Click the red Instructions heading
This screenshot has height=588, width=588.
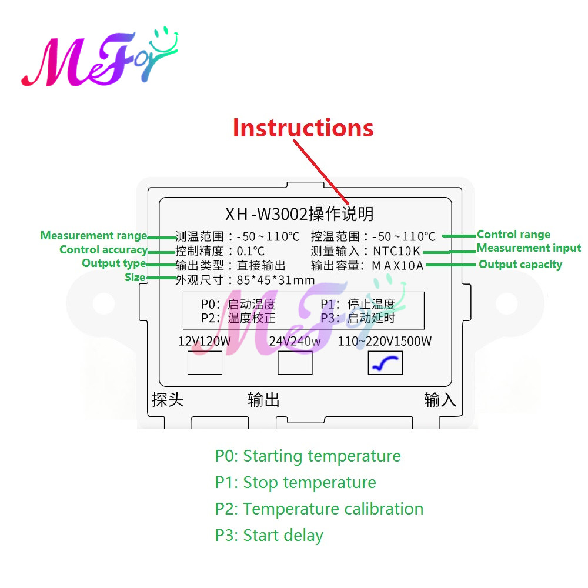(303, 128)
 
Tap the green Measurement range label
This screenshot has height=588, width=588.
(93, 236)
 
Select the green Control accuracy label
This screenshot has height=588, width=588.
(103, 250)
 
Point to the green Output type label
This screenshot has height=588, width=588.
(113, 263)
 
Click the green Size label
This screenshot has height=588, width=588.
(135, 277)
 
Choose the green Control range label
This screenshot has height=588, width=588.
(513, 235)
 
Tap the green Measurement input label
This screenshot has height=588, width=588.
(529, 248)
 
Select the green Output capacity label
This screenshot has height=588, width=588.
(520, 265)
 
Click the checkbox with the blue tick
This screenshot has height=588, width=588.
(385, 363)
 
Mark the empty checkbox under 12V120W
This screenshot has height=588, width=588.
(205, 363)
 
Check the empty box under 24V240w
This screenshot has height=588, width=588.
(295, 363)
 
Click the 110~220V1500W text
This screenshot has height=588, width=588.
(385, 341)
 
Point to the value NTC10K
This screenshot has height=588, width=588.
(397, 252)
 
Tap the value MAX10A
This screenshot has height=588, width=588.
(397, 266)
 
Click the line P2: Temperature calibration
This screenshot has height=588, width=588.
(319, 509)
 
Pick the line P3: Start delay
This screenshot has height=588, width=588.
(269, 535)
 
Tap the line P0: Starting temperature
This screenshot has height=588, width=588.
(308, 456)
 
